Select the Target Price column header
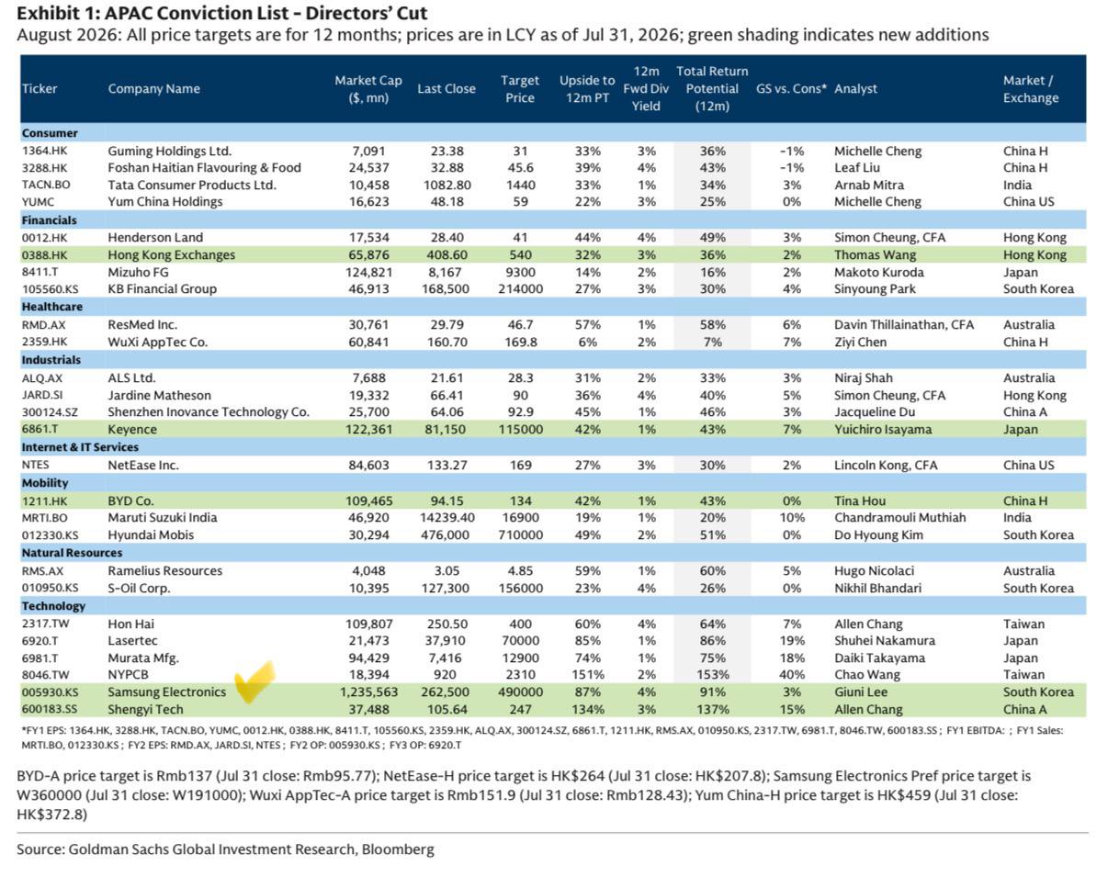tap(519, 89)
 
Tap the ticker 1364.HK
tap(44, 151)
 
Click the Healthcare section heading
tap(52, 307)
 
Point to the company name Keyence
tap(132, 429)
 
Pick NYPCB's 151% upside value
tap(587, 675)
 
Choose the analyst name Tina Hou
tap(859, 500)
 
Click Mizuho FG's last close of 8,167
tap(446, 272)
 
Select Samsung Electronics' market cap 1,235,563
tap(368, 692)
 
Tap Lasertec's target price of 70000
tap(520, 641)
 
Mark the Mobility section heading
tap(45, 483)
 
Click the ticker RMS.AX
tap(43, 571)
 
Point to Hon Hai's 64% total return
tap(713, 624)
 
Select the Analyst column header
tap(855, 89)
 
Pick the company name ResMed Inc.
tap(142, 325)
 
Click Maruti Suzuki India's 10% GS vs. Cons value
tap(792, 518)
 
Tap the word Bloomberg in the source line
tap(398, 849)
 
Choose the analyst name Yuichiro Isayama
tap(883, 429)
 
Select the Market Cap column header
tap(368, 89)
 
